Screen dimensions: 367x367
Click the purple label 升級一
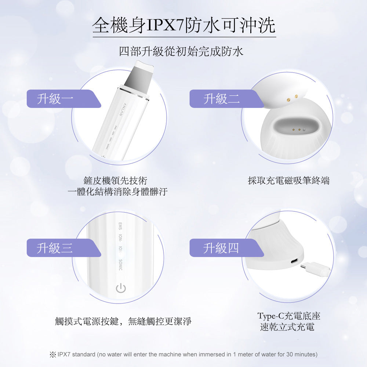coord(63,98)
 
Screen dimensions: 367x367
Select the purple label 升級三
coord(63,248)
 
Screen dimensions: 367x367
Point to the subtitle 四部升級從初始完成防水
coord(181,51)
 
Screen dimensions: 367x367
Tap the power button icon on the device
coord(121,288)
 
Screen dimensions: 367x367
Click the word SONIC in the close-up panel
coord(120,265)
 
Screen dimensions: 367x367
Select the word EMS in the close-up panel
coord(120,226)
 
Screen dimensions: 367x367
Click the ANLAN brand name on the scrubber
coord(122,109)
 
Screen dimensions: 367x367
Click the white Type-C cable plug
coord(316,269)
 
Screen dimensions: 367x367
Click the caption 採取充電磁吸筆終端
coord(289,181)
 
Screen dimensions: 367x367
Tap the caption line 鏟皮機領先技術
coord(115,181)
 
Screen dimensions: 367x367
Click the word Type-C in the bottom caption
coord(270,316)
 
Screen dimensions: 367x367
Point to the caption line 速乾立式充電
coord(287,327)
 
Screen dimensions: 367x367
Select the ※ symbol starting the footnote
coord(52,355)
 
